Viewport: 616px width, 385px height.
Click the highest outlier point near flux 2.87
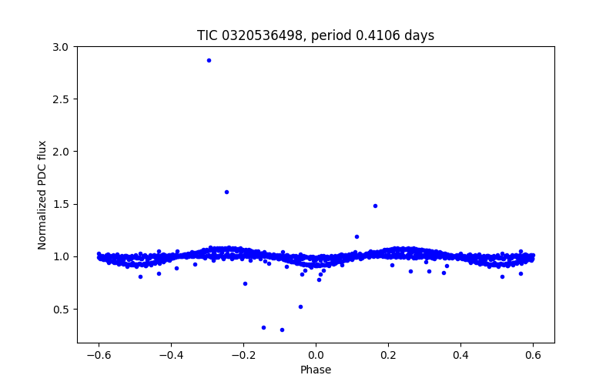tap(209, 60)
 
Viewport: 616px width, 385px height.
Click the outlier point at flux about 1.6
tap(226, 192)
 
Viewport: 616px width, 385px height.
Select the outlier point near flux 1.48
tap(375, 206)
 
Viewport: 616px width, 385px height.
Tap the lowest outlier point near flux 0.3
tap(282, 330)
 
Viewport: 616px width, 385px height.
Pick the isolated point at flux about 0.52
tap(300, 306)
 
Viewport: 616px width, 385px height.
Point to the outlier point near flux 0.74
tap(245, 283)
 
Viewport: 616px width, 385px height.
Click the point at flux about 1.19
tap(357, 236)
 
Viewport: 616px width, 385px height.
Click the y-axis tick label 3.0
tap(61, 47)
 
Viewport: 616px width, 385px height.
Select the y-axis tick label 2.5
tap(61, 99)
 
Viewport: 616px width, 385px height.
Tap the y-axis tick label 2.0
tap(61, 152)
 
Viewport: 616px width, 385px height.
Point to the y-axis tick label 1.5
tap(61, 204)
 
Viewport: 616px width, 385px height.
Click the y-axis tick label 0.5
tap(61, 309)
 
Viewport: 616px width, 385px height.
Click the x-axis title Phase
tap(316, 370)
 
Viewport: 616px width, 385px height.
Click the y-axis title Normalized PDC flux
tap(42, 195)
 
